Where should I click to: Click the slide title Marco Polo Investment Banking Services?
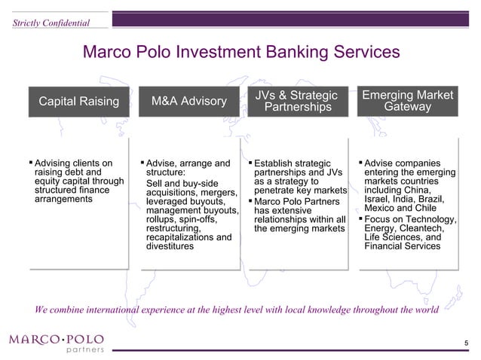[240, 53]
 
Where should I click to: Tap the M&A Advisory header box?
[188, 102]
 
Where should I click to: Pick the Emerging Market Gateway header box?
[408, 102]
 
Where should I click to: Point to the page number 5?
[466, 344]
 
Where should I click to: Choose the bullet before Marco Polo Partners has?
[250, 200]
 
